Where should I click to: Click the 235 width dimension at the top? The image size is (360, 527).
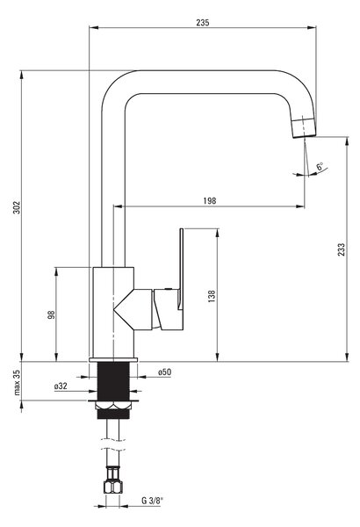203,23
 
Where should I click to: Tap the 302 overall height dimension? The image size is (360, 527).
17,207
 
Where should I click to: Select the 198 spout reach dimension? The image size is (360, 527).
210,200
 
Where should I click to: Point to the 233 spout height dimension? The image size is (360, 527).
342,249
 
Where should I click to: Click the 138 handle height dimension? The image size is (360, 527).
212,296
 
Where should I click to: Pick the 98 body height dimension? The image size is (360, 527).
51,314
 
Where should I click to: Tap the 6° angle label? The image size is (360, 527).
320,166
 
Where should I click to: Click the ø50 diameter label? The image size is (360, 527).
165,372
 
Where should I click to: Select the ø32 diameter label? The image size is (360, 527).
61,386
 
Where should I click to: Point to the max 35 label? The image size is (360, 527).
17,382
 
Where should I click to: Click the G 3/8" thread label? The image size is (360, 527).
152,501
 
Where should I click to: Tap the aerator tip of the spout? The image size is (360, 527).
304,127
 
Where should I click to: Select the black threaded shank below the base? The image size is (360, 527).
113,381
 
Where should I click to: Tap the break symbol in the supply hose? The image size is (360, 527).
113,444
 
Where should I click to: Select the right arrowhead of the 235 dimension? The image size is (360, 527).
312,27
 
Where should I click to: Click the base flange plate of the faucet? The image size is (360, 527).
113,359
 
